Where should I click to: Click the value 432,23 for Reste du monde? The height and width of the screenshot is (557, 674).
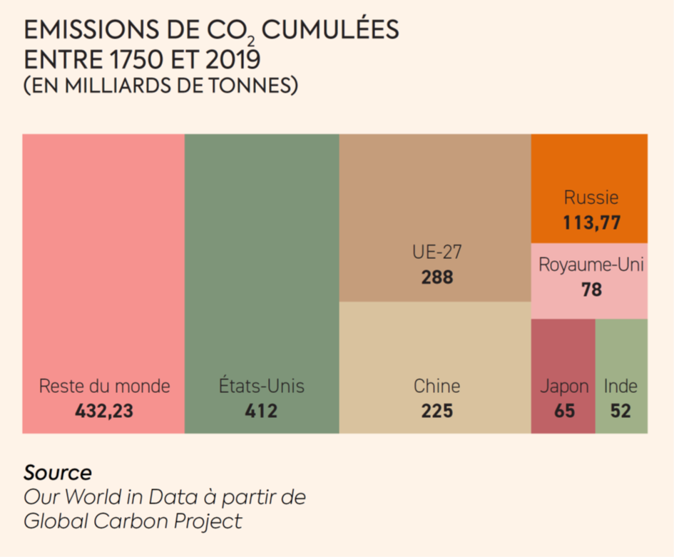tap(104, 411)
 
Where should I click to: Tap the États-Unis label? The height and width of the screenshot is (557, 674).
tap(261, 387)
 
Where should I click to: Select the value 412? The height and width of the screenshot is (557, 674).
tap(261, 411)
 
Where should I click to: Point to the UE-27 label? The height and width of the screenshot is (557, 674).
tap(436, 252)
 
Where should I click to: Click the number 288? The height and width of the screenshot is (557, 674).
tap(436, 277)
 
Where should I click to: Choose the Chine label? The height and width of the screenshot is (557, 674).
tap(436, 387)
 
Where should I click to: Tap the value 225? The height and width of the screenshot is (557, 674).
tap(436, 411)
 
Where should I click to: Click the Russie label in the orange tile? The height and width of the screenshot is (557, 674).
tap(591, 198)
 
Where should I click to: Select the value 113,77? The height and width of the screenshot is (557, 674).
tap(591, 223)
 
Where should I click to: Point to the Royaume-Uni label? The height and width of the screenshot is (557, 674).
tap(591, 265)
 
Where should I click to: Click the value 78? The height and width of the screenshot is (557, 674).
tap(591, 290)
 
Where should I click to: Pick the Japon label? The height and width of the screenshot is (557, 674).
tap(564, 387)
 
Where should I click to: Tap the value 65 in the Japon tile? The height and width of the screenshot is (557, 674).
tap(564, 411)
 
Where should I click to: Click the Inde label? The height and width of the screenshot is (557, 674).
tap(621, 387)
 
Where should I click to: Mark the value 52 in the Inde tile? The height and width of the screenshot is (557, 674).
tap(621, 411)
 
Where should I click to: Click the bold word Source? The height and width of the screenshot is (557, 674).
tap(58, 472)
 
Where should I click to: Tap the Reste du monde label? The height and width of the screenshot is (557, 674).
tap(104, 387)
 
